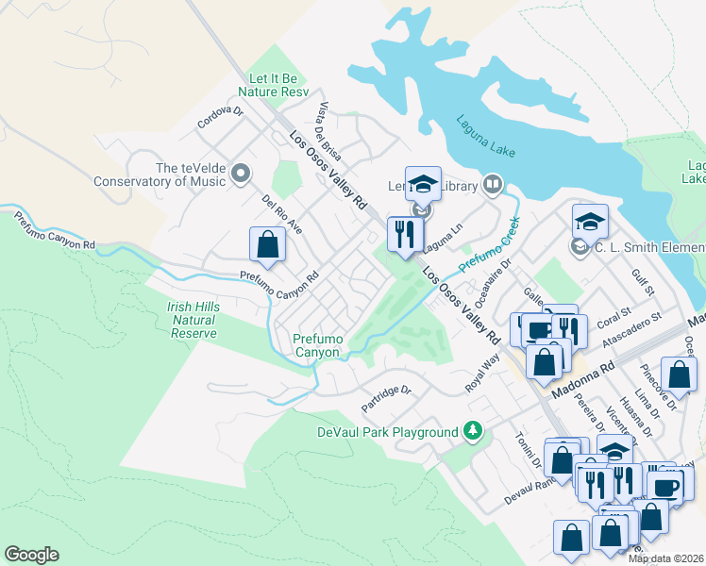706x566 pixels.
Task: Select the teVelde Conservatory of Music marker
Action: pyautogui.click(x=241, y=173)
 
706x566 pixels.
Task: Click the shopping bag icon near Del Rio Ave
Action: pyautogui.click(x=268, y=244)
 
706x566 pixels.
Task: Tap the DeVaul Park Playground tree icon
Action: pyautogui.click(x=473, y=432)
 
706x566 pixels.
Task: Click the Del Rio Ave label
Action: pyautogui.click(x=282, y=215)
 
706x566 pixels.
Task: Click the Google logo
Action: pyautogui.click(x=31, y=555)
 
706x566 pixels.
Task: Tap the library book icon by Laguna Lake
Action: pyautogui.click(x=492, y=184)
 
